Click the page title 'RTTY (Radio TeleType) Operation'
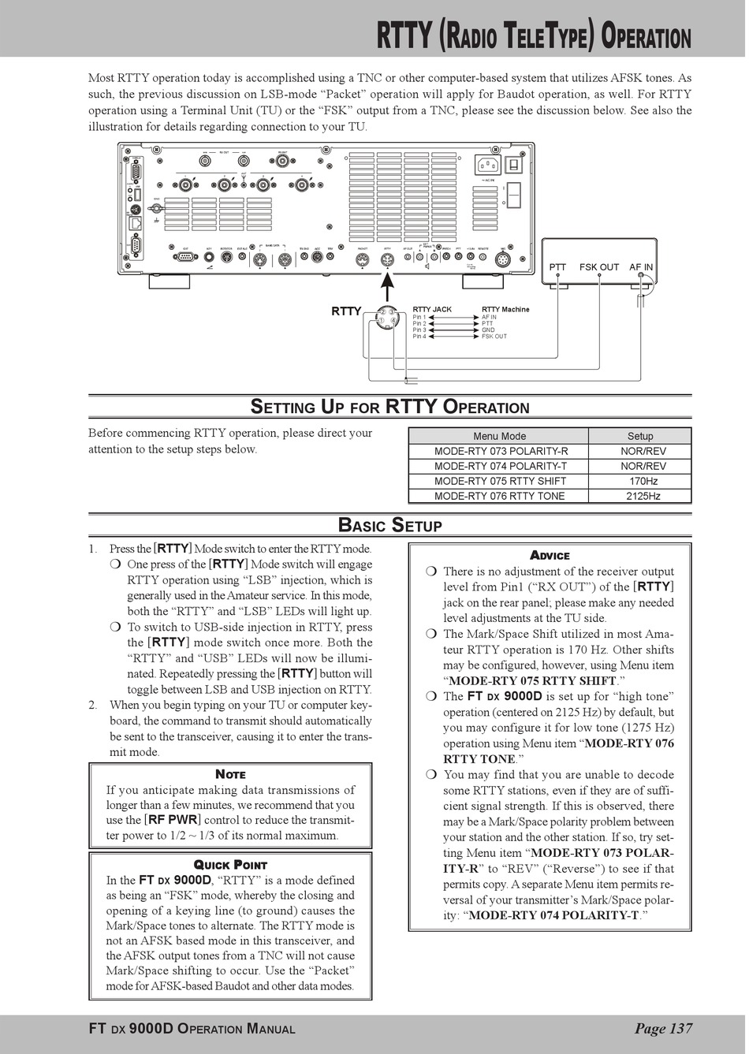click(x=534, y=36)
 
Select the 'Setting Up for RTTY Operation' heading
click(x=389, y=407)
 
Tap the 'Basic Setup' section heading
click(x=389, y=525)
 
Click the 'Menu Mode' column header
click(x=499, y=436)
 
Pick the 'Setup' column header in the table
click(x=640, y=436)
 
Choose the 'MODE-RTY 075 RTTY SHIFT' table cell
click(x=500, y=481)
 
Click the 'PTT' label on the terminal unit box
click(x=557, y=267)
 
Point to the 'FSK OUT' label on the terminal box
click(x=599, y=267)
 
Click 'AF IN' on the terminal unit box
click(x=641, y=267)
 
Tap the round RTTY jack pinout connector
click(x=386, y=317)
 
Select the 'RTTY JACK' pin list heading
click(x=432, y=309)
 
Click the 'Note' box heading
click(x=230, y=774)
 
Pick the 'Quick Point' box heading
click(x=230, y=865)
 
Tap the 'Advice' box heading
click(x=550, y=555)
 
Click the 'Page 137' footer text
click(x=663, y=1028)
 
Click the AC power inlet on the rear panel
click(x=487, y=166)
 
